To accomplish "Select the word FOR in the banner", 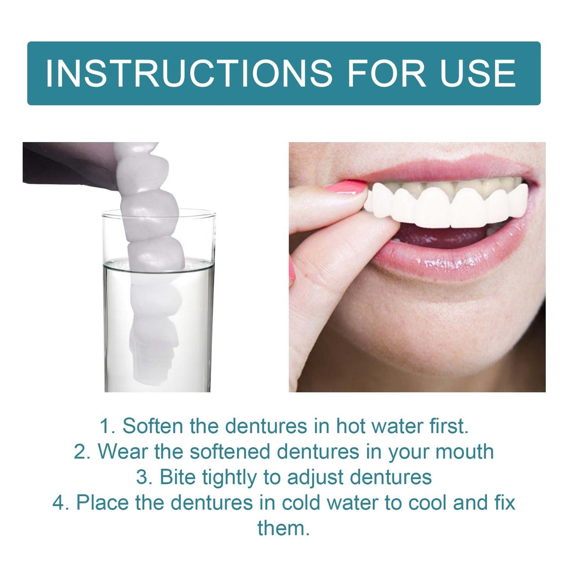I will tap(387, 73).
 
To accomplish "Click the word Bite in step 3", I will tap(178, 477).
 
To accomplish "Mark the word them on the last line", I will tap(283, 528).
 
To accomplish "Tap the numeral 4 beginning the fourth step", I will tap(59, 503).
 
